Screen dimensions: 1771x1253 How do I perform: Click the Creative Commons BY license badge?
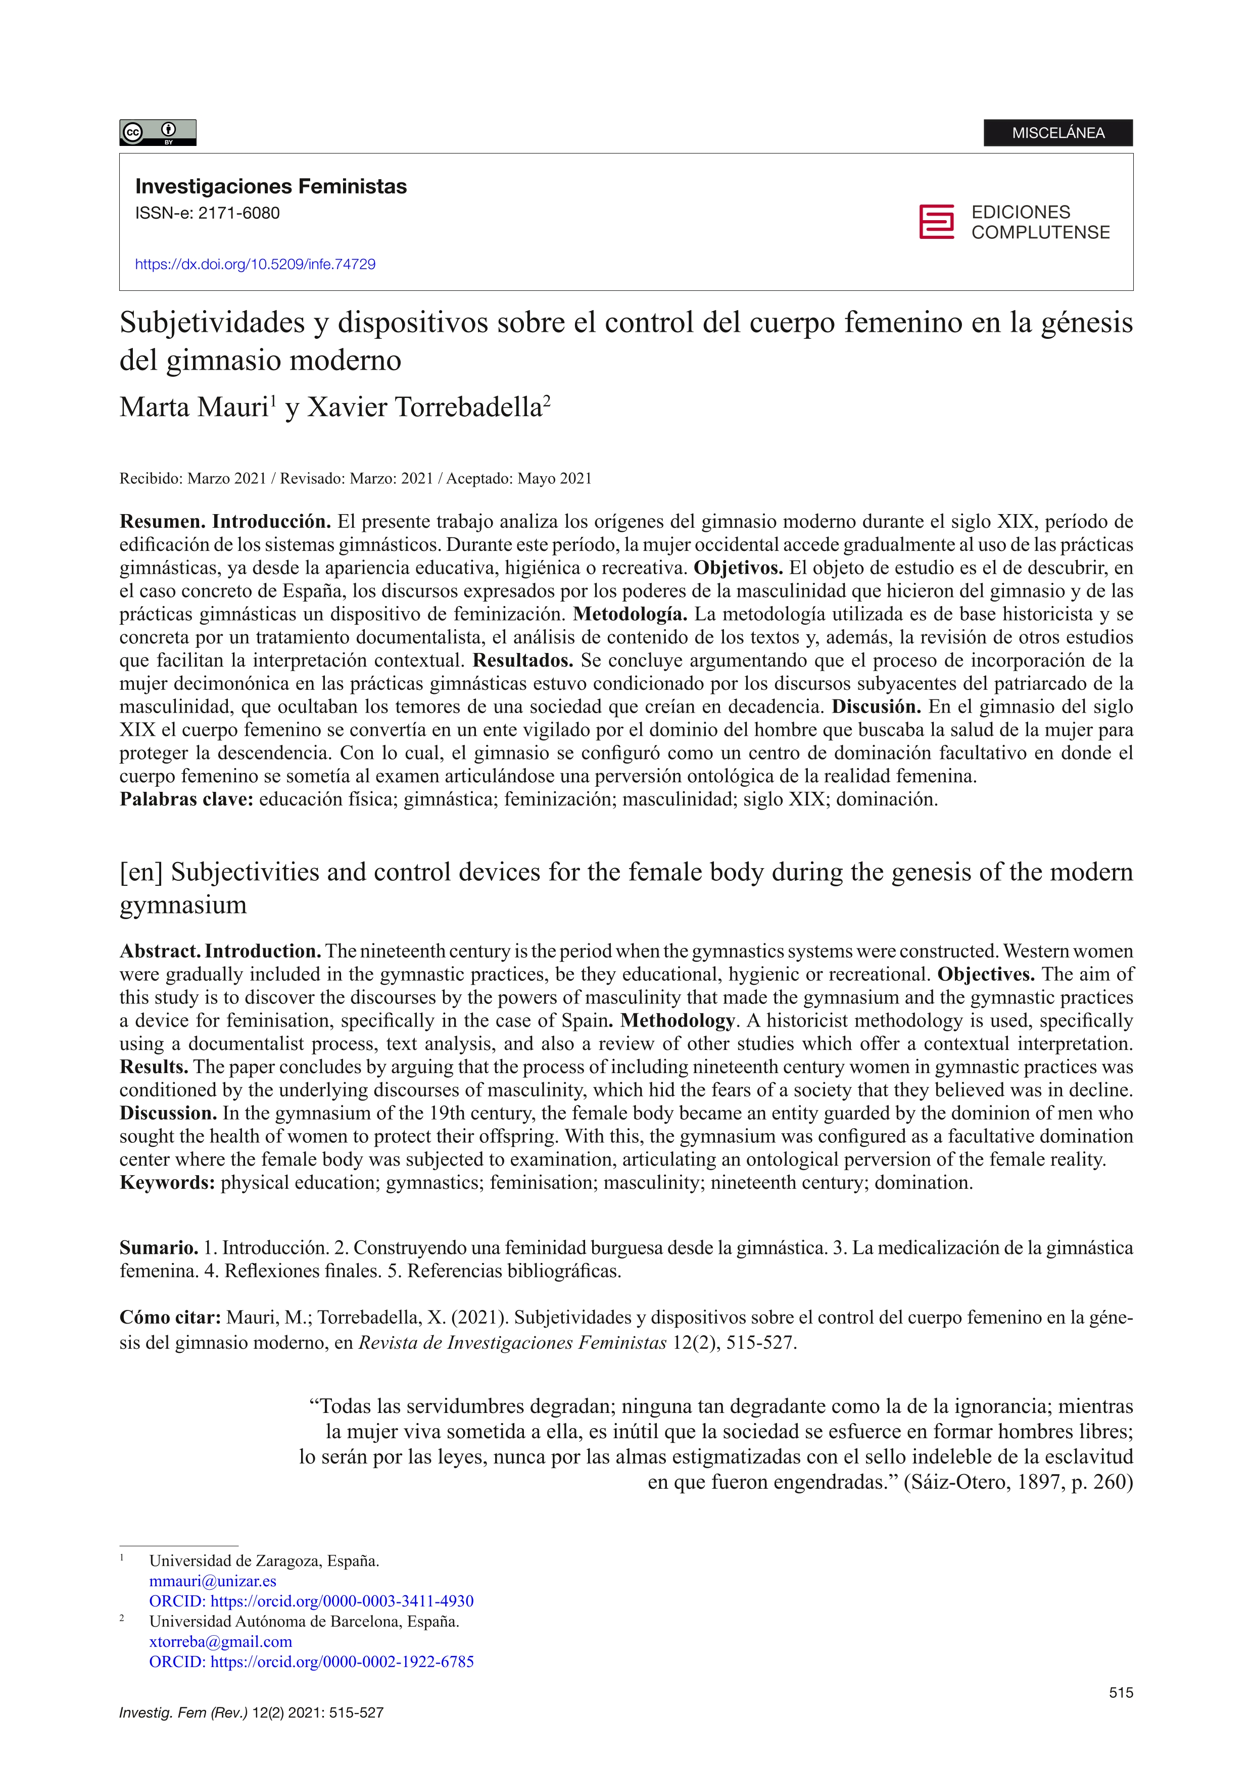click(x=158, y=133)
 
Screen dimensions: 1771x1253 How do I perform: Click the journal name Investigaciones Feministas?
click(x=271, y=187)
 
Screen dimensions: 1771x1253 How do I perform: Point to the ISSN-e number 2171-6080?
click(x=238, y=214)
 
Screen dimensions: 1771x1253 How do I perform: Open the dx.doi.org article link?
click(x=255, y=265)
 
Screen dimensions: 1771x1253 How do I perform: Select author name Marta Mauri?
click(x=193, y=407)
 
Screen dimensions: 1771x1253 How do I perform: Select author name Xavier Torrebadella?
click(x=425, y=407)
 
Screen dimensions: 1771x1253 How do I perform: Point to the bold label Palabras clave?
click(x=186, y=799)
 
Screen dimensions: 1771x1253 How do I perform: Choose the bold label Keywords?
click(x=167, y=1183)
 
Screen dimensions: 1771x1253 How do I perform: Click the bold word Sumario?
click(x=158, y=1248)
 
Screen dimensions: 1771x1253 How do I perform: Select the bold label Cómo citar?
click(x=170, y=1318)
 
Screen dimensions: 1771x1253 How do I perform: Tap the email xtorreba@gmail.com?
click(x=221, y=1641)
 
